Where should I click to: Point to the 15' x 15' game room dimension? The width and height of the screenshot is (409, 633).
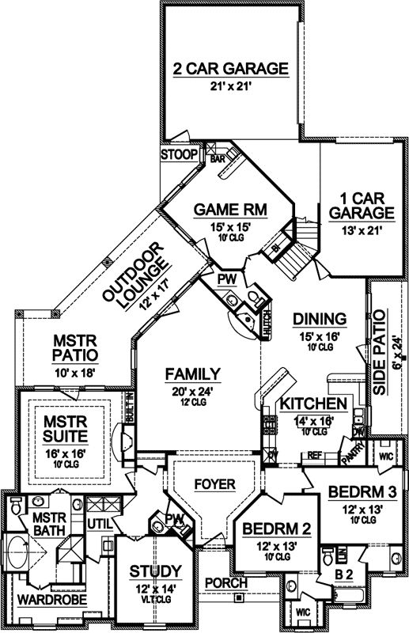click(x=231, y=227)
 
